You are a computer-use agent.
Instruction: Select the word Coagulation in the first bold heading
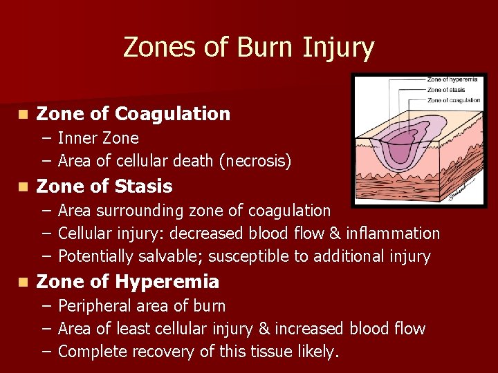point(173,113)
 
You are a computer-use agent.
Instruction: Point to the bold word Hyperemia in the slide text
point(167,282)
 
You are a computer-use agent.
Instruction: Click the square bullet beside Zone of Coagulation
point(24,114)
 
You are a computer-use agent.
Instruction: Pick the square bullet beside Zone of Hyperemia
point(24,283)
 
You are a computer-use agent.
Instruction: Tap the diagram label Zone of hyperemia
point(452,79)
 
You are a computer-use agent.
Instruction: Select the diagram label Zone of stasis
point(447,90)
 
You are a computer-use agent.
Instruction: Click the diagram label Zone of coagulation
point(454,100)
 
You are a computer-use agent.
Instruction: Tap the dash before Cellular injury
point(45,233)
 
